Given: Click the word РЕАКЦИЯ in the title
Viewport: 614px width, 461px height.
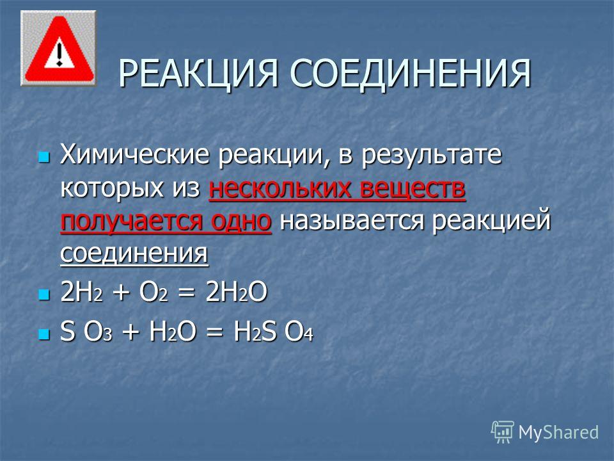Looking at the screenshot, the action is [198, 73].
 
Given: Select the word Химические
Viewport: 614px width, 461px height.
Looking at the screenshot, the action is [134, 155].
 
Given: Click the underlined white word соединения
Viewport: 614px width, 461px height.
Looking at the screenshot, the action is [134, 254].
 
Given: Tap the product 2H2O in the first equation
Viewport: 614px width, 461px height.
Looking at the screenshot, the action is [236, 293].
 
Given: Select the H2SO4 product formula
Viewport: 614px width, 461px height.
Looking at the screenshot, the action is [273, 332].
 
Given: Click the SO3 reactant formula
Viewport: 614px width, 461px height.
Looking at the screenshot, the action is [86, 332].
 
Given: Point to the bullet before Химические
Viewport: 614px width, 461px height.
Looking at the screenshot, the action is [44, 158].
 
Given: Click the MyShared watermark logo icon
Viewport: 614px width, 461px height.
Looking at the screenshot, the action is [503, 432].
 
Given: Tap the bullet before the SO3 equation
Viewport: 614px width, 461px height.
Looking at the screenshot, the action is [44, 334].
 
